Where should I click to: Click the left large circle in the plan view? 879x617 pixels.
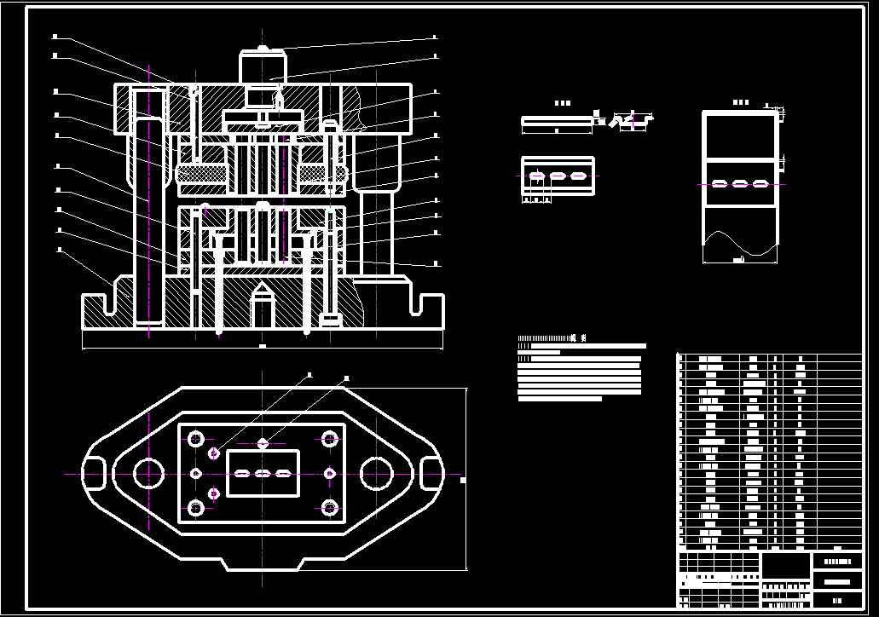point(148,473)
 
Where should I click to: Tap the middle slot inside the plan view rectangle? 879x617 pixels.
point(263,473)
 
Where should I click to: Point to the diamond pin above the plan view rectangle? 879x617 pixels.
point(263,443)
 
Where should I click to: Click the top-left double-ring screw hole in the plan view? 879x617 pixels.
point(196,440)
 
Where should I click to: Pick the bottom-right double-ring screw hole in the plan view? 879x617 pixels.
point(329,508)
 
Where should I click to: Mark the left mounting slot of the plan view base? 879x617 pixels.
point(94,473)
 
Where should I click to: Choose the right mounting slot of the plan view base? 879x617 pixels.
point(432,473)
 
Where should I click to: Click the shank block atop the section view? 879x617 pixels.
point(263,65)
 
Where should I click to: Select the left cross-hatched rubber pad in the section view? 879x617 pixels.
point(201,176)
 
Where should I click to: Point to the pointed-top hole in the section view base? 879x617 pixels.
point(263,307)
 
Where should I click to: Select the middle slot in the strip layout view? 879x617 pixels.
point(740,183)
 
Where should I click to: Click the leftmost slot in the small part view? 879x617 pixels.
point(537,176)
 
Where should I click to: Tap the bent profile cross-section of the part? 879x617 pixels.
point(634,122)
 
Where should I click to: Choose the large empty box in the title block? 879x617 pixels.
point(785,565)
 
